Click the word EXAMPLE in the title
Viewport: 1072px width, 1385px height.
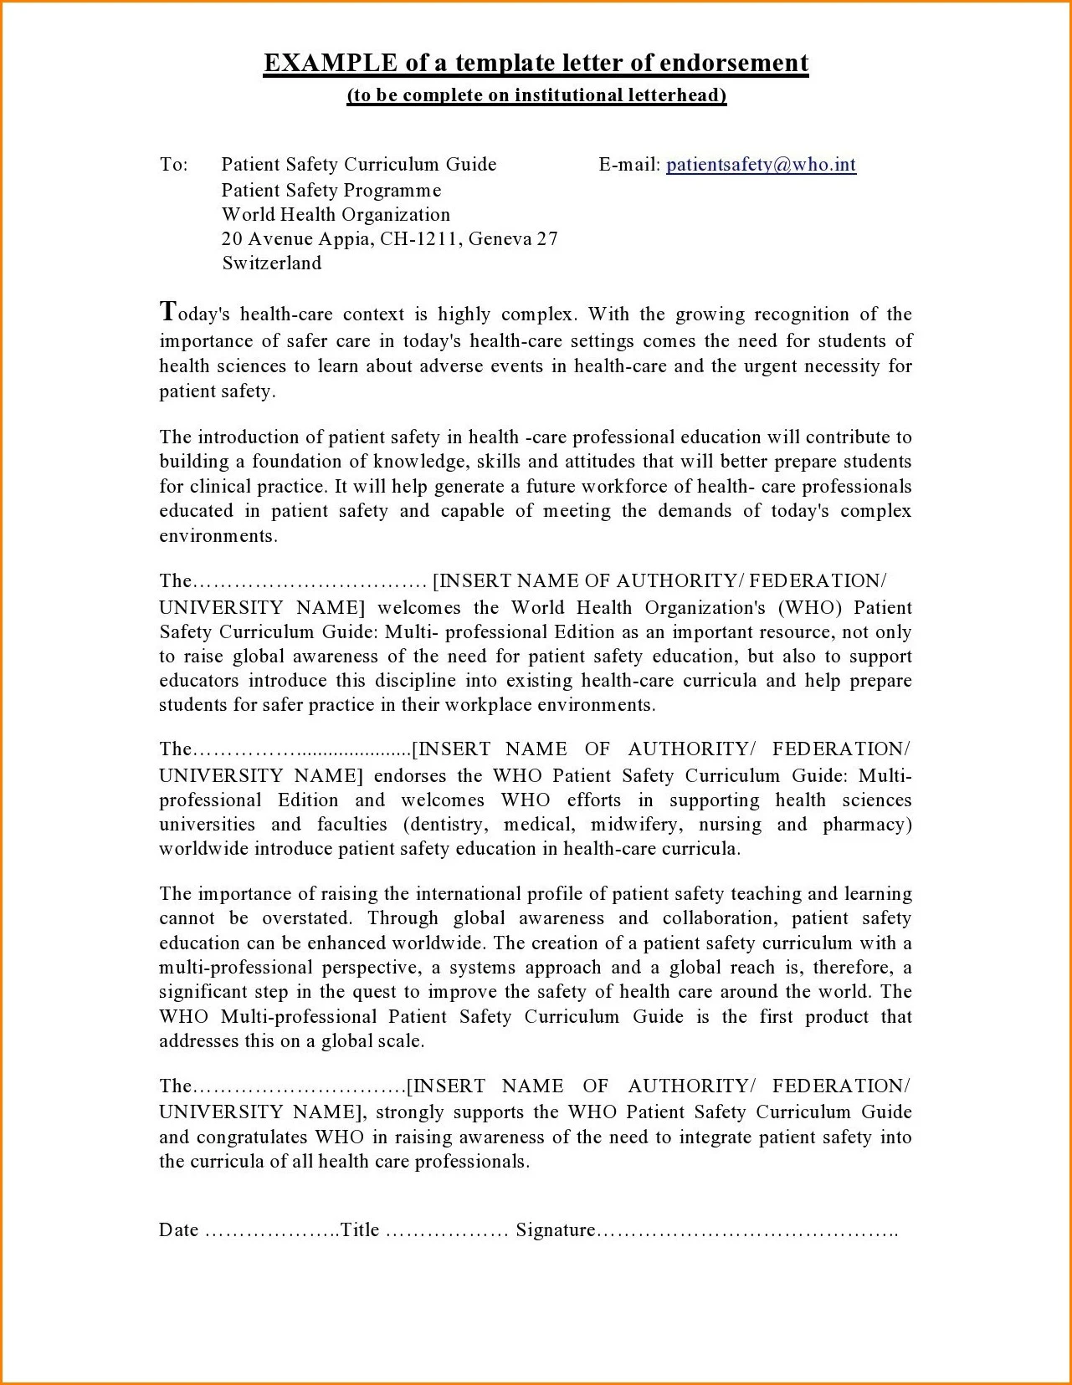click(331, 64)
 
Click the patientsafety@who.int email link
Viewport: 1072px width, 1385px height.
click(761, 165)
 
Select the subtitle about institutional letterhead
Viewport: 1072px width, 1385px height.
click(536, 95)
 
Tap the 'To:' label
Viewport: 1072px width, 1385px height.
click(174, 165)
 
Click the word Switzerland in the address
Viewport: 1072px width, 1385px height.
click(272, 263)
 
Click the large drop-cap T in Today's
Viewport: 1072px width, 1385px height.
click(168, 312)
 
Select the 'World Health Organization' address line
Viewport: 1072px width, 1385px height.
click(336, 214)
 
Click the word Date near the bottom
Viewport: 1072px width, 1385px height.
click(179, 1230)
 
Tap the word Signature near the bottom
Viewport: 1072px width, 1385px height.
click(556, 1230)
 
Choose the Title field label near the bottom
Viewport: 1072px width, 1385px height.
click(360, 1230)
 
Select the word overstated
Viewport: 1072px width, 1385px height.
click(306, 918)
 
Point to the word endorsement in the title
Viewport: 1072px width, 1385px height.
click(734, 64)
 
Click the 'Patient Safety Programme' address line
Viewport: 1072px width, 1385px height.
click(331, 190)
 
